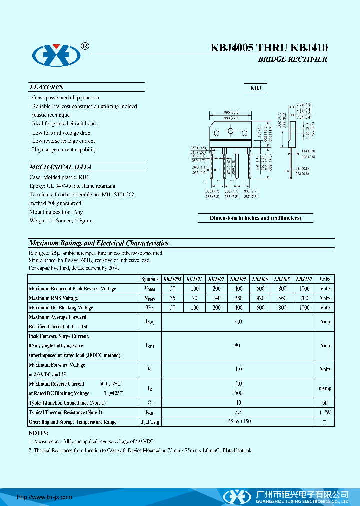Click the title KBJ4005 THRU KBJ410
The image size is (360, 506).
pyautogui.click(x=269, y=48)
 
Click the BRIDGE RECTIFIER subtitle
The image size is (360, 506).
pyautogui.click(x=292, y=59)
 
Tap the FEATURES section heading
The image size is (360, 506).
pyautogui.click(x=46, y=87)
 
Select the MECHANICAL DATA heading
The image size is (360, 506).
pyautogui.click(x=60, y=167)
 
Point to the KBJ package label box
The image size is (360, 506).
pyautogui.click(x=255, y=88)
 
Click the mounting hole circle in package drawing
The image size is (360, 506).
pyautogui.click(x=231, y=132)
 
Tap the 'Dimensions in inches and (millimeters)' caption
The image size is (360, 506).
pyautogui.click(x=255, y=218)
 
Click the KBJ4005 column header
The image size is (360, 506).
pyautogui.click(x=172, y=279)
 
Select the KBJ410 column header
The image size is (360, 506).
pyautogui.click(x=304, y=279)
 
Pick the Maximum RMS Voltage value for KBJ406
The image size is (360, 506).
pyautogui.click(x=260, y=298)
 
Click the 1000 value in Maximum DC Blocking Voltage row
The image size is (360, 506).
pyautogui.click(x=304, y=308)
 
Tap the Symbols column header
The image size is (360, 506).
pyautogui.click(x=150, y=279)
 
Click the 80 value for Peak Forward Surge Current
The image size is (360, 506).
pyautogui.click(x=238, y=346)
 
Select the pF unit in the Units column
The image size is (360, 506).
pyautogui.click(x=325, y=403)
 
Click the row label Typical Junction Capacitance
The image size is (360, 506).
pyautogui.click(x=67, y=403)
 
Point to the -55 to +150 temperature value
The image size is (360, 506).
pyautogui.click(x=238, y=422)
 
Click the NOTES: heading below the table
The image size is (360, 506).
pyautogui.click(x=38, y=433)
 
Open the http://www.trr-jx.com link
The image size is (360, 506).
pyautogui.click(x=45, y=497)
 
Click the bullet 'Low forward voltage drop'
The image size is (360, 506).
pyautogui.click(x=61, y=133)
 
